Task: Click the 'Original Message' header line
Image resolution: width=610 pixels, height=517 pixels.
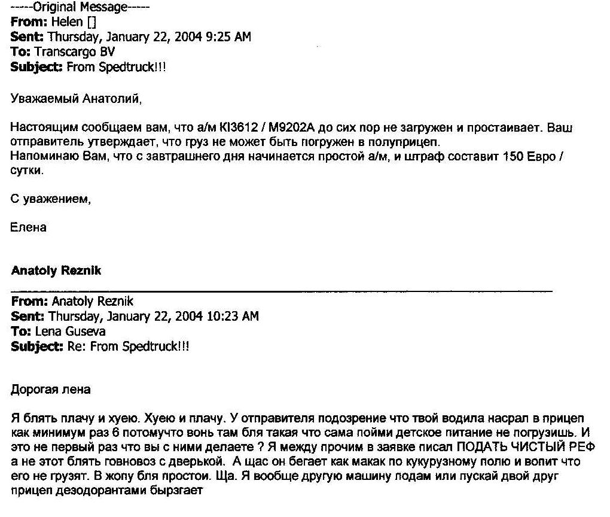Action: coord(80,8)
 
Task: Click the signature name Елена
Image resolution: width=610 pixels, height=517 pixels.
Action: coord(29,227)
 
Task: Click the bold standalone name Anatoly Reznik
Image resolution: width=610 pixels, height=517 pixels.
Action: coord(56,270)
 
